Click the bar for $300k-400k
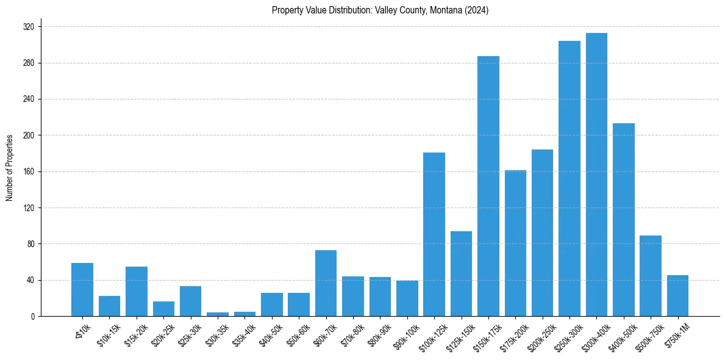(x=596, y=175)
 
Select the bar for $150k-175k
(x=488, y=186)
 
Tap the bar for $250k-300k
(x=570, y=178)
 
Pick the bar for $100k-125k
(x=434, y=234)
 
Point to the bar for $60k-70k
(x=326, y=283)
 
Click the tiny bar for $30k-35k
(x=218, y=314)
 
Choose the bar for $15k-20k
(x=137, y=292)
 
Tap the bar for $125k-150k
(x=461, y=274)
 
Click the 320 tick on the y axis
(x=29, y=27)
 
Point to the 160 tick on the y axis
(x=29, y=171)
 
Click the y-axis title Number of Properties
(x=9, y=167)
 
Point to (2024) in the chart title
(x=477, y=10)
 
